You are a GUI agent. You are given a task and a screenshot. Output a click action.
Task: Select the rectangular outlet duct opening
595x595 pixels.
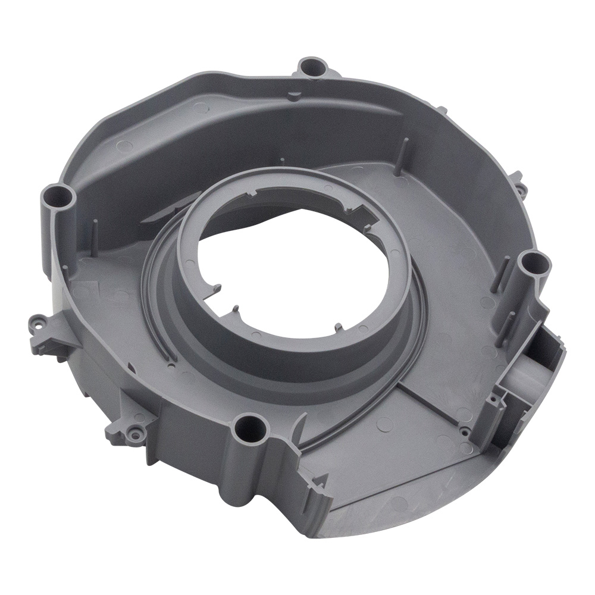tap(538, 369)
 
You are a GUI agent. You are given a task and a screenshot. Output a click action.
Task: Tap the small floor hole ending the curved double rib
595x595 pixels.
tap(171, 362)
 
